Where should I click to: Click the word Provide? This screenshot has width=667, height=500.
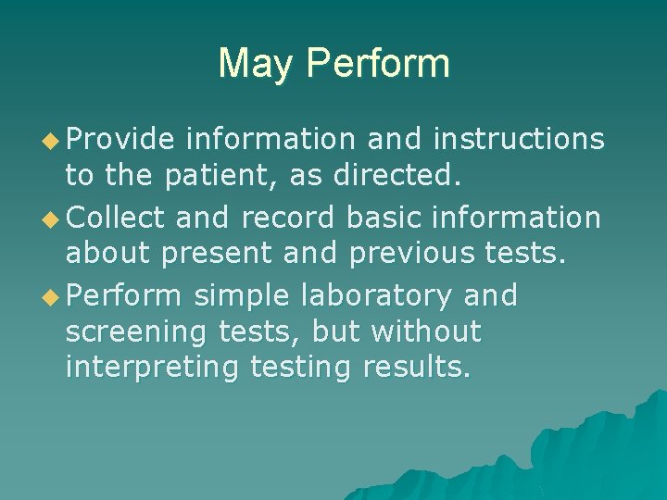[120, 139]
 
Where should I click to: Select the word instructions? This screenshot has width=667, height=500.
[519, 139]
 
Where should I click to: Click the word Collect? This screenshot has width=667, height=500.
[116, 217]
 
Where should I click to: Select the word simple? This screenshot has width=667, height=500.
[243, 296]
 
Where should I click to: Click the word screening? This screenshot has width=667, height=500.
[138, 331]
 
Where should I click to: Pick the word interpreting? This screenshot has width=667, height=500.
[152, 367]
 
